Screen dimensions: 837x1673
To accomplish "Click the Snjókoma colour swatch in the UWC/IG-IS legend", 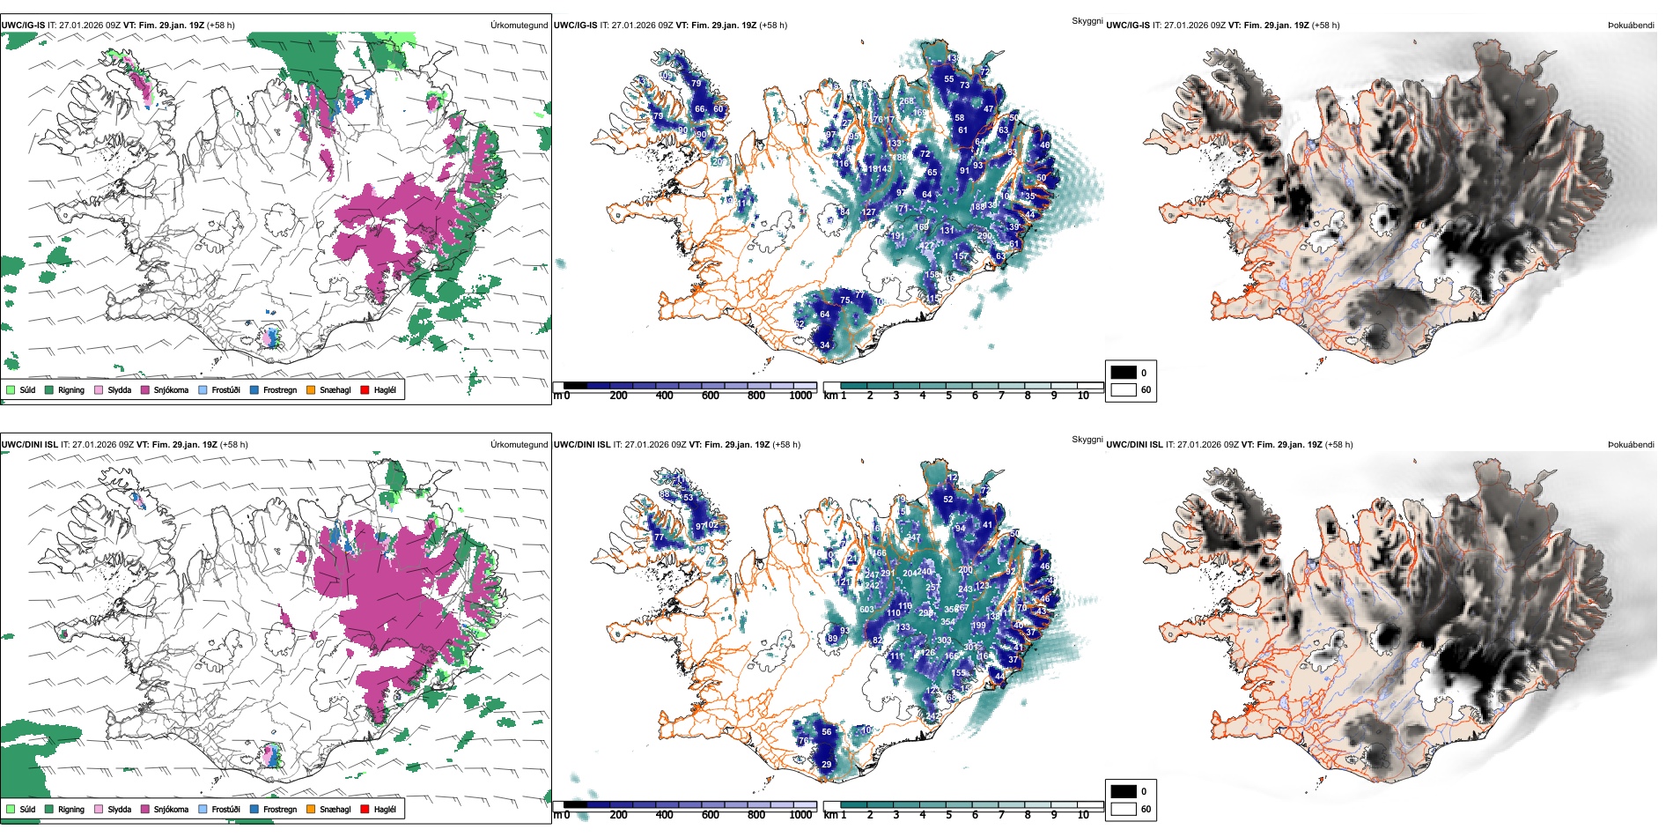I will pos(145,389).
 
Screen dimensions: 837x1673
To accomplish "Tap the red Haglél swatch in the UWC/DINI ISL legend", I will pos(365,809).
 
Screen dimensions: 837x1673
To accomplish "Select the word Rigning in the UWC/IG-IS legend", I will pos(71,389).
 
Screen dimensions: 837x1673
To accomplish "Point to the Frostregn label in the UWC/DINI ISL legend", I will pos(279,809).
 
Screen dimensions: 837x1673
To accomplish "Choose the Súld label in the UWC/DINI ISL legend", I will pos(27,809).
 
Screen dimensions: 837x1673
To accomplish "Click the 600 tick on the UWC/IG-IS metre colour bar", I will pos(710,396).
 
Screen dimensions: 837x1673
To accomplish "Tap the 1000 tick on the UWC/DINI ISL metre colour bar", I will pos(800,815).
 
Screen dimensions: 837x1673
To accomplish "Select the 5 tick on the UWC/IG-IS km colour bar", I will pos(948,396).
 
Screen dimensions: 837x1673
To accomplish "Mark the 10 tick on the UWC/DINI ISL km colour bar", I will pos(1082,815).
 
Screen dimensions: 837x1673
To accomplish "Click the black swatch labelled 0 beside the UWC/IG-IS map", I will pos(1124,373).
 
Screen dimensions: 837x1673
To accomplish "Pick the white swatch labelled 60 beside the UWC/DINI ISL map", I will pos(1124,809).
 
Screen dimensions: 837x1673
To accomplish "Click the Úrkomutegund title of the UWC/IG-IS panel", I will pos(519,26).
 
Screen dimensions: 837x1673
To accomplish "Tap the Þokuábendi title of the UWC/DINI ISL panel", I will pos(1631,445).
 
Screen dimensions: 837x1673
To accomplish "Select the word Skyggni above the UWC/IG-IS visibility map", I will pos(1087,20).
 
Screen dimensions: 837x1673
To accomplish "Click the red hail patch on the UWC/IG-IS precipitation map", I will pos(379,236).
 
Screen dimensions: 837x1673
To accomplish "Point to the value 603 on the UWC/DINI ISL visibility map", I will pos(866,610).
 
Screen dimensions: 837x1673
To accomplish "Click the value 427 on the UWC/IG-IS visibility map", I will pos(926,247).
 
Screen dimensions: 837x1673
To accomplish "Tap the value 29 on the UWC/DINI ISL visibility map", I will pos(826,765).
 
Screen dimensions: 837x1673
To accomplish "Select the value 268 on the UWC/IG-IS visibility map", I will pos(906,101).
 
